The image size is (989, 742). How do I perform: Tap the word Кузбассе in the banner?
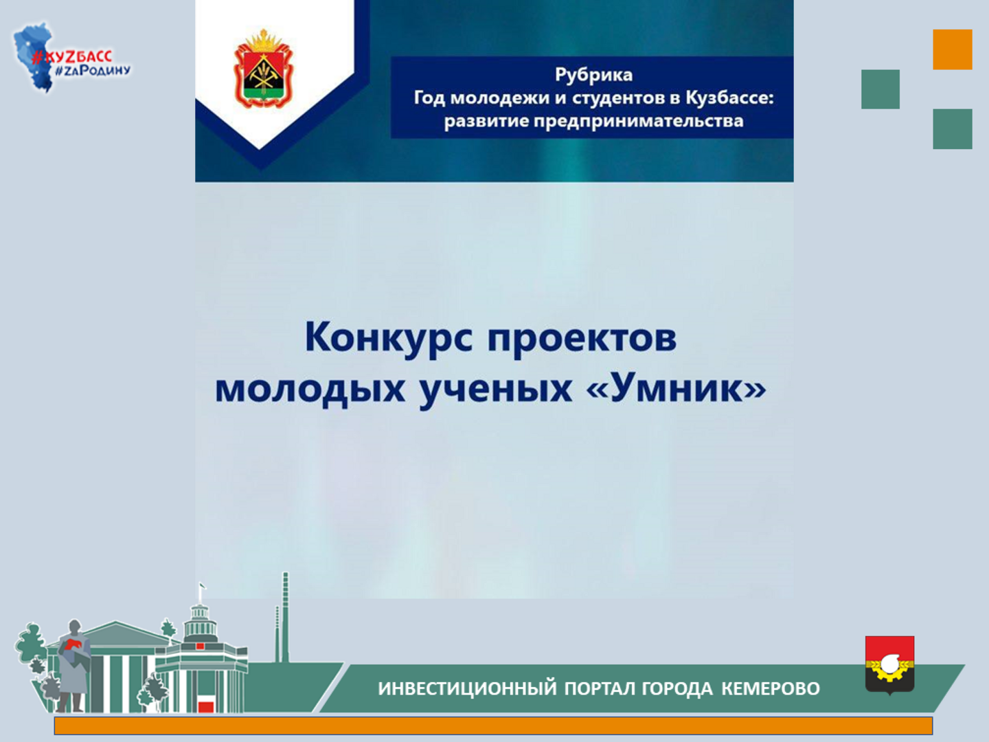point(729,98)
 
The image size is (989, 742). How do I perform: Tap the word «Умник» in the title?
point(676,387)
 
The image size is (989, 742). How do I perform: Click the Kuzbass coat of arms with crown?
point(262,69)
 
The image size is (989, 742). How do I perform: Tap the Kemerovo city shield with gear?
point(889,665)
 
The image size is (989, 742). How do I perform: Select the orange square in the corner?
point(952,49)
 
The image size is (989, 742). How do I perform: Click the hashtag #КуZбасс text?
point(72,57)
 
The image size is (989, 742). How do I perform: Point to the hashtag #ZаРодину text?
point(93,71)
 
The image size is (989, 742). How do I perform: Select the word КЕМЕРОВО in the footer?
point(771,688)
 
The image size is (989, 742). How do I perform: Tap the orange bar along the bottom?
point(493,726)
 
